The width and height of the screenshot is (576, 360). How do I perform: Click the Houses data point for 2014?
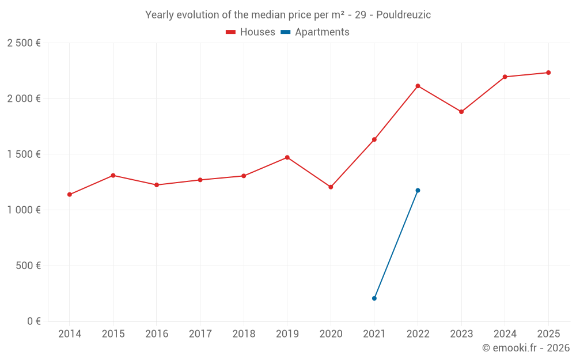coord(69,195)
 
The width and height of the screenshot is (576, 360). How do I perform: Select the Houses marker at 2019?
coord(287,157)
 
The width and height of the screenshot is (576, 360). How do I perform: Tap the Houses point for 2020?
coord(331,187)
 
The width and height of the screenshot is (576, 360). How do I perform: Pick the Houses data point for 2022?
coord(418,86)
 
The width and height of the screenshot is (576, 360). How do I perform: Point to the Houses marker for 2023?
coord(461,112)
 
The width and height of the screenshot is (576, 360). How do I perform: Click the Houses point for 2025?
coord(548,73)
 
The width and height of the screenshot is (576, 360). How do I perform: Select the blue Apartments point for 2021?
coord(374,298)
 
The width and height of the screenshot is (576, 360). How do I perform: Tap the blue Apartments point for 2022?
coord(418,190)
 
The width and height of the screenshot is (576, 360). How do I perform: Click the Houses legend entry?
coord(251,32)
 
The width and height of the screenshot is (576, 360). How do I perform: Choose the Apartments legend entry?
coord(315,32)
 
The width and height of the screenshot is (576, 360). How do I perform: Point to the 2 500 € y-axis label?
coord(24,43)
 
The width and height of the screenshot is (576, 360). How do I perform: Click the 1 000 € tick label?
coord(24,210)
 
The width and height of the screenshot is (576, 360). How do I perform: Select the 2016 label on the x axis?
coord(157,334)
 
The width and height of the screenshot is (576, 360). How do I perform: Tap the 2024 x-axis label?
coord(505,334)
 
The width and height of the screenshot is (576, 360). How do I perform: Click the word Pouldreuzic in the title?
coord(403,15)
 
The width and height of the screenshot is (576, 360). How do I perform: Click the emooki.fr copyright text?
coord(526,348)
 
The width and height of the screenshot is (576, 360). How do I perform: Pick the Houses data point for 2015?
coord(113,175)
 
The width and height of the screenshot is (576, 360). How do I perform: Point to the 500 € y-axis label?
coord(27,266)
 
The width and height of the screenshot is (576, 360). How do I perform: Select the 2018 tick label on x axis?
coord(244,334)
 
